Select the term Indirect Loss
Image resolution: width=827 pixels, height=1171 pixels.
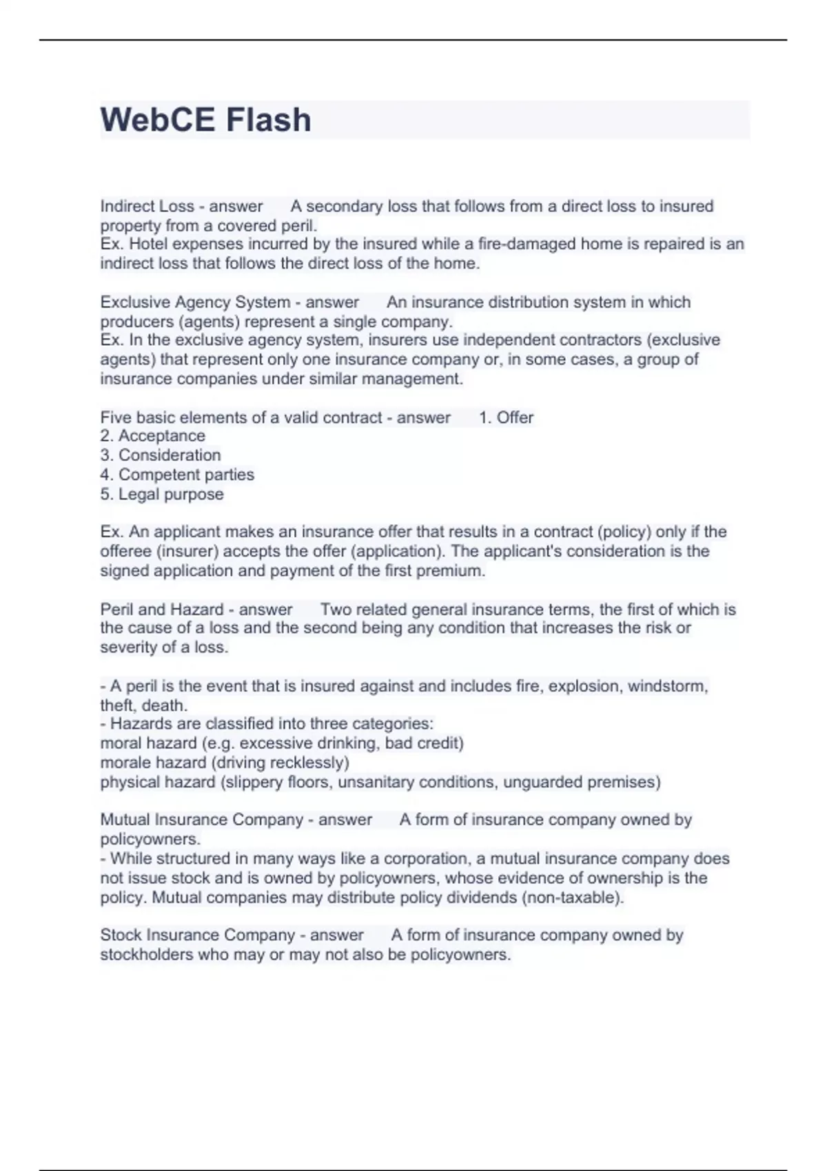pyautogui.click(x=146, y=206)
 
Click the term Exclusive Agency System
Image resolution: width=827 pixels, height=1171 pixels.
pyautogui.click(x=195, y=302)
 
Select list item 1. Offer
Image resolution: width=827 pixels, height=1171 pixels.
pyautogui.click(x=506, y=417)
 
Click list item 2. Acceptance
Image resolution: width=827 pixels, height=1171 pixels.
pyautogui.click(x=153, y=436)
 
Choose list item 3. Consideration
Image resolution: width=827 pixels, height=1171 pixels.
pyautogui.click(x=161, y=455)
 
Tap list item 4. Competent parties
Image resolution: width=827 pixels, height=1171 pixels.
pyautogui.click(x=177, y=475)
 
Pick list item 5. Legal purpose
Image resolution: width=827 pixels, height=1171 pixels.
pyautogui.click(x=162, y=494)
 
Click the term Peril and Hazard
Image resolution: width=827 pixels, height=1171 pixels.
pyautogui.click(x=162, y=610)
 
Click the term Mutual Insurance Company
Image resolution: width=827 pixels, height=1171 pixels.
pyautogui.click(x=202, y=820)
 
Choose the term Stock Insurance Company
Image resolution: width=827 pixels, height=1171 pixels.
pyautogui.click(x=198, y=935)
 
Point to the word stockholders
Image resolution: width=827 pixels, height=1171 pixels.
pyautogui.click(x=146, y=955)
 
